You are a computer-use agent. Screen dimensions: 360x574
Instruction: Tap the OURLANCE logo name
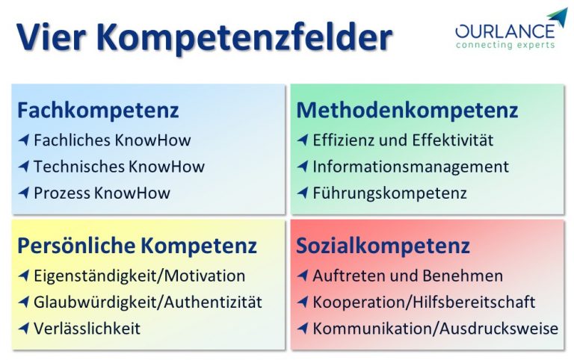504,31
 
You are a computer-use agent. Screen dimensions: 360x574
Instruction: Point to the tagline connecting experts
505,45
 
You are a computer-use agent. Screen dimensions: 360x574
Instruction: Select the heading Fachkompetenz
98,111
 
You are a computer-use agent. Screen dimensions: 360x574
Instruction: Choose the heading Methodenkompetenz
407,111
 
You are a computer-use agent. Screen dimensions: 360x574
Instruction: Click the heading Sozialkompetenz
383,246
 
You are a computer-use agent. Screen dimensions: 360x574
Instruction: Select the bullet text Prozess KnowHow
102,193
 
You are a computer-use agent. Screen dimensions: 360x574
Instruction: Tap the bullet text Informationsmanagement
410,167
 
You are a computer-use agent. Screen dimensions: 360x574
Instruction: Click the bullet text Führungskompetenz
389,193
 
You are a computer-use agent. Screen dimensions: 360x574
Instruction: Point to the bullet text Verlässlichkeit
87,329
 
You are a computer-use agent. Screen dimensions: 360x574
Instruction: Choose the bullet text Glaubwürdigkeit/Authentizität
148,302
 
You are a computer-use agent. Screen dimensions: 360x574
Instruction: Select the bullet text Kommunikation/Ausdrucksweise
435,329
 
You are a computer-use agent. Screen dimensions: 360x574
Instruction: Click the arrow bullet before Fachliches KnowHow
24,140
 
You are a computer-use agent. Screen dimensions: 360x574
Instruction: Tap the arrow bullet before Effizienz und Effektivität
303,140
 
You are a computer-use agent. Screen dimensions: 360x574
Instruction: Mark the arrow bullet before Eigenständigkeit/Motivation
24,276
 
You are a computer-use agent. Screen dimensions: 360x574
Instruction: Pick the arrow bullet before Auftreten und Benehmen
303,276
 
